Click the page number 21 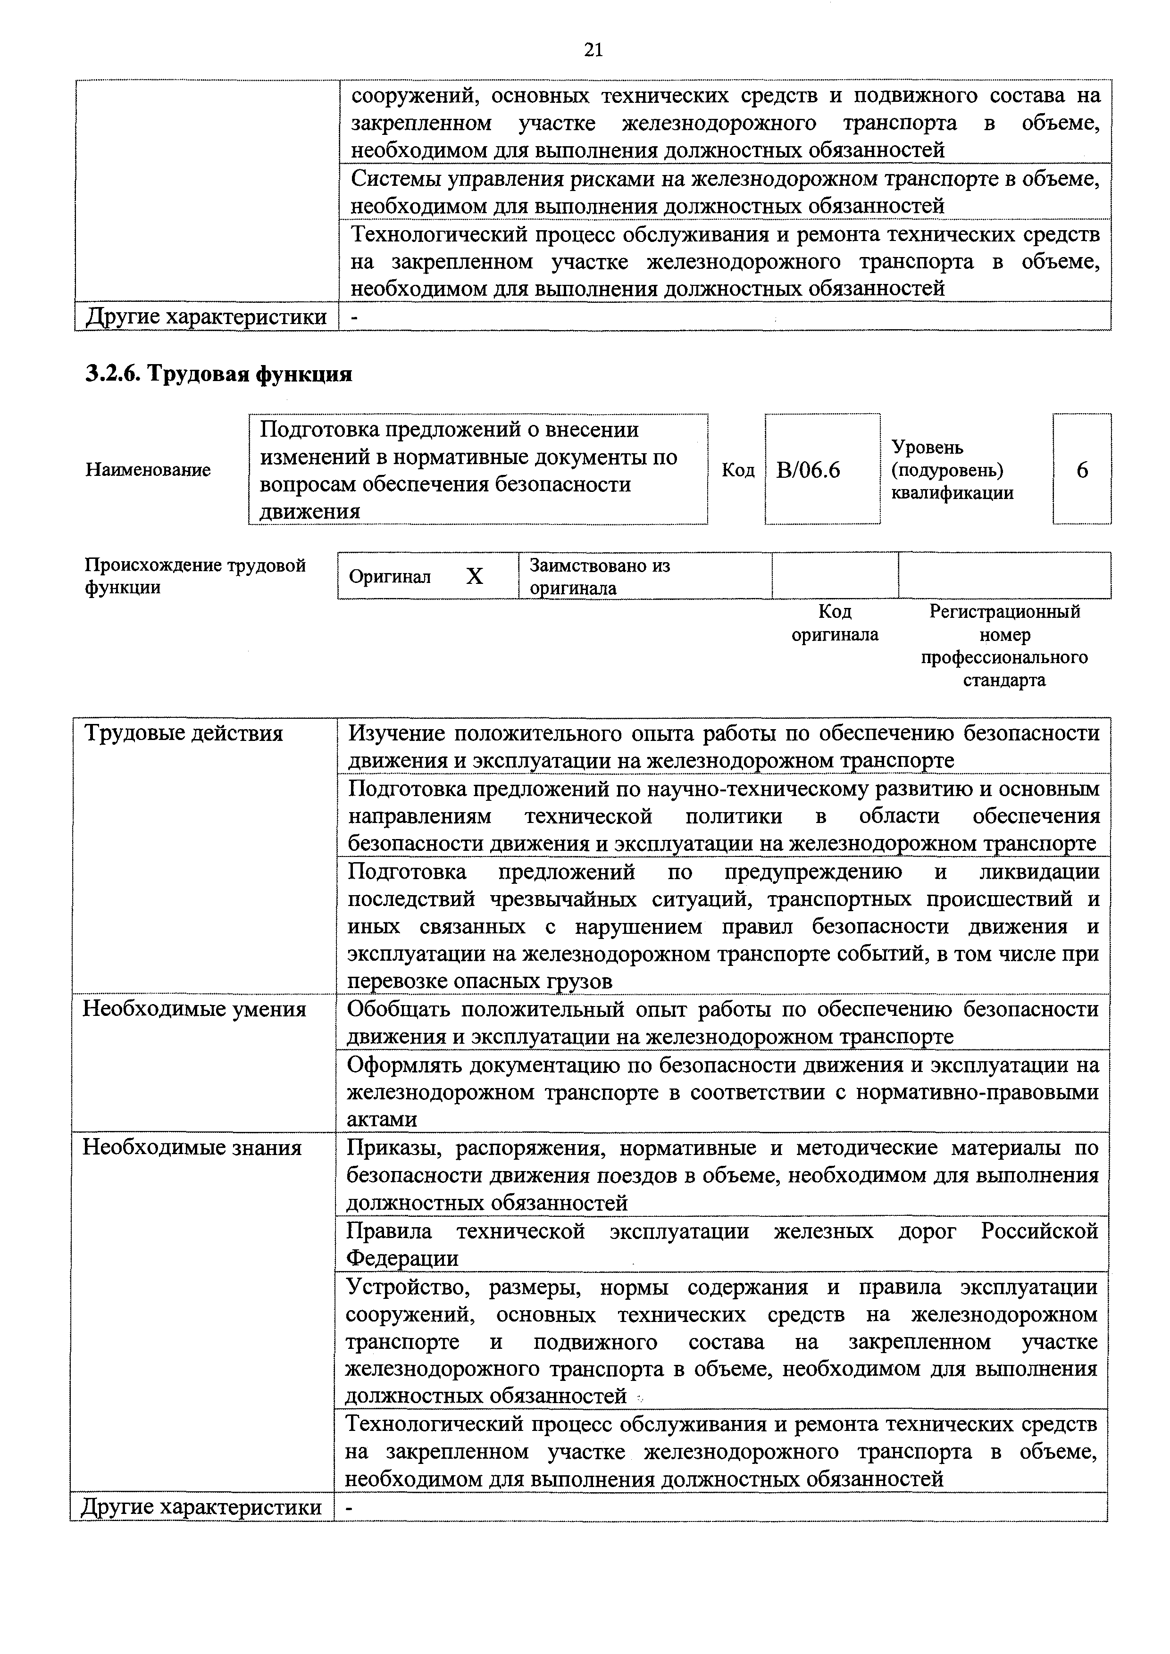[593, 50]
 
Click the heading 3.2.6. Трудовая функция [219, 374]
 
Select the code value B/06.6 [808, 470]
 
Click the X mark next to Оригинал [474, 576]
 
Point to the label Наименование [149, 470]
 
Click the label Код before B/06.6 [738, 470]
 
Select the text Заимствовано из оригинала [600, 576]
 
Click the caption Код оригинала [835, 623]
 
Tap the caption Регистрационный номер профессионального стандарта [1004, 646]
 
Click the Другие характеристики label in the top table [207, 317]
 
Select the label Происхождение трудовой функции [195, 576]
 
